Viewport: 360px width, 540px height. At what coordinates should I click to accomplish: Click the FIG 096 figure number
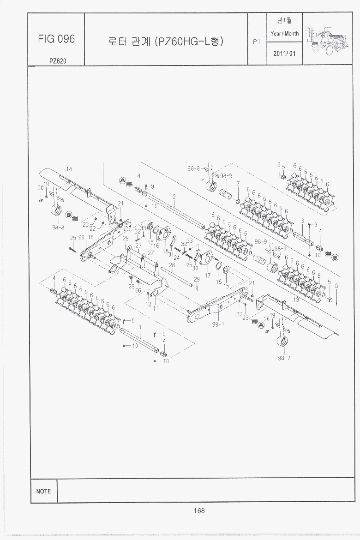(56, 39)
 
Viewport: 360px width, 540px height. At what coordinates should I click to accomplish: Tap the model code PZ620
(56, 60)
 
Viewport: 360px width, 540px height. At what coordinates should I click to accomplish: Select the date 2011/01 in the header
(284, 54)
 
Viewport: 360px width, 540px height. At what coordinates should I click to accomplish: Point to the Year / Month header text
(284, 33)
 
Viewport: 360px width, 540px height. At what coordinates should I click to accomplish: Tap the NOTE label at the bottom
(43, 491)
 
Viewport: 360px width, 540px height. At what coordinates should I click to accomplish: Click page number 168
(199, 510)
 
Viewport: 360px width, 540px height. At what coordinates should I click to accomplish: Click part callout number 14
(69, 169)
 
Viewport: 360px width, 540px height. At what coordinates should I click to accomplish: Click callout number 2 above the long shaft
(174, 197)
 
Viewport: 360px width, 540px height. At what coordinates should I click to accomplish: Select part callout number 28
(172, 265)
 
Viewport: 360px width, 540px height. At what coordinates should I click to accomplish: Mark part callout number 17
(208, 276)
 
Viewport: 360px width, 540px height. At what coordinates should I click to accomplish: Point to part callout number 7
(238, 184)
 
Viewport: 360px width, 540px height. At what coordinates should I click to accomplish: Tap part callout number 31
(171, 254)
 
